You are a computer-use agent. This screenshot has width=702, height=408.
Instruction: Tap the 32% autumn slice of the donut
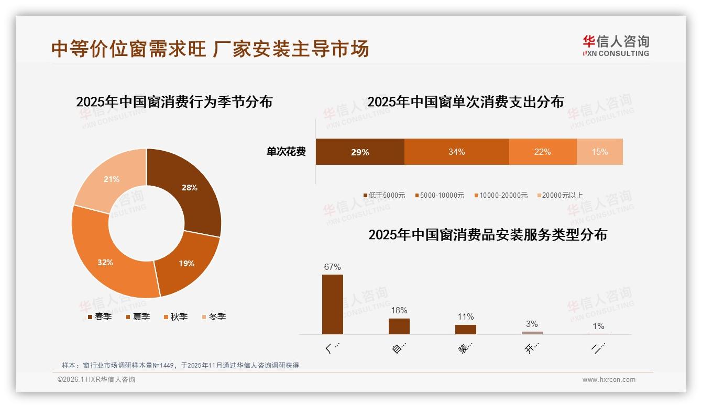[105, 262]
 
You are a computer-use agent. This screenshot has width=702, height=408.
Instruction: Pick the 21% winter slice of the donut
[111, 179]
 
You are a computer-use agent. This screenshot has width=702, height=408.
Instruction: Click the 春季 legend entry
[99, 316]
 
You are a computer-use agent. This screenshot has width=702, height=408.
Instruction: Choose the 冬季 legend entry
[214, 316]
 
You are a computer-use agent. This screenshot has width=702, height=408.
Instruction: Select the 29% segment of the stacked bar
[360, 152]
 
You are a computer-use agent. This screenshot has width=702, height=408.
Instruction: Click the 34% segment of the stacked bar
[456, 152]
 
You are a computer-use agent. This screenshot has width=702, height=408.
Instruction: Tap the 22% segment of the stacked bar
[542, 152]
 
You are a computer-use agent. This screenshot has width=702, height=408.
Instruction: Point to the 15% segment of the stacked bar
[599, 152]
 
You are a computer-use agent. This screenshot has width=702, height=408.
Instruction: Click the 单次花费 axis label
[286, 152]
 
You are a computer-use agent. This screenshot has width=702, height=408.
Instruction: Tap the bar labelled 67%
[333, 304]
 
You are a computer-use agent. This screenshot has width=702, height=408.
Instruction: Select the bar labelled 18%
[399, 326]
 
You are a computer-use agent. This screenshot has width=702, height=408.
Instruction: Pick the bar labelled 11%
[465, 329]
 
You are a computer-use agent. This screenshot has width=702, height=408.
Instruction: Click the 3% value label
[532, 324]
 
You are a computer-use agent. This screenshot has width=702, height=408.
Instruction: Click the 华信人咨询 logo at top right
[616, 46]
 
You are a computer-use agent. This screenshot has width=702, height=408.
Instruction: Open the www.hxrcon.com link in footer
[609, 380]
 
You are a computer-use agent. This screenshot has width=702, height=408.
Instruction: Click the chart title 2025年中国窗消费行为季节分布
[174, 101]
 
